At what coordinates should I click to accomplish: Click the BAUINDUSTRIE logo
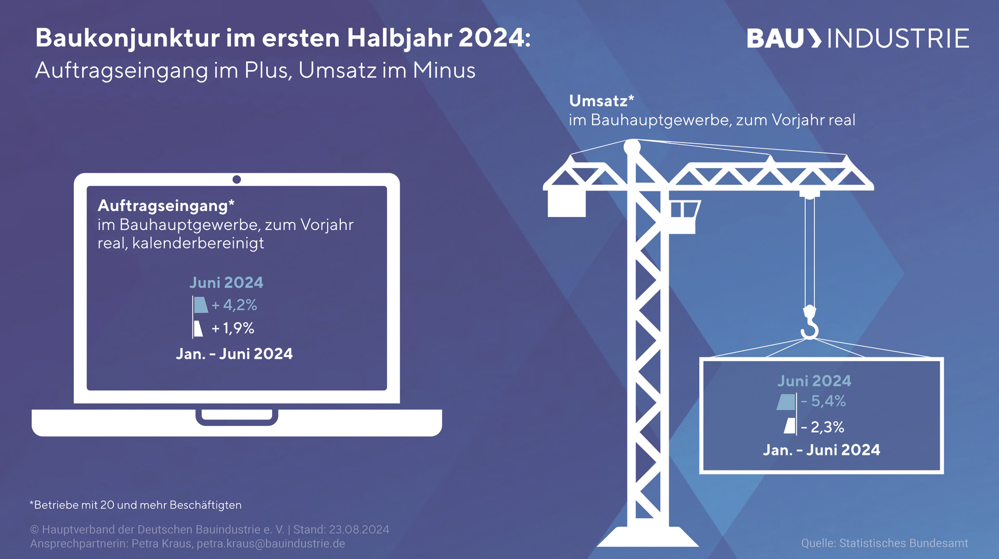point(857,39)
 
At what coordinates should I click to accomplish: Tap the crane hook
point(810,323)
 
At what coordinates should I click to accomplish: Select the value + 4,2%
point(234,305)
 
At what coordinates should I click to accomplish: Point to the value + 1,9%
point(233,328)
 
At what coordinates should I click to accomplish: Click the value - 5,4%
point(823,401)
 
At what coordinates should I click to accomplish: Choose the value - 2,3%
point(823,427)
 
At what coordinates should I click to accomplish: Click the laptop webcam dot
point(237,180)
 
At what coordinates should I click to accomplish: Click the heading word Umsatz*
point(601,100)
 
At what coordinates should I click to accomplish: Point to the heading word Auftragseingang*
point(166,206)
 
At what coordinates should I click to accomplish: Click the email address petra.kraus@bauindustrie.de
point(271,544)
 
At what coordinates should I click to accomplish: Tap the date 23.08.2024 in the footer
point(359,530)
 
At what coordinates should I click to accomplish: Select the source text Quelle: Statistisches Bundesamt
point(885,543)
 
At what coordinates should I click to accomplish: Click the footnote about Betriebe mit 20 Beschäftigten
point(136,505)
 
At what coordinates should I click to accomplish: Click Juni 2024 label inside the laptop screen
point(226,283)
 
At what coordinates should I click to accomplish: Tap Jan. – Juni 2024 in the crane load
point(822,450)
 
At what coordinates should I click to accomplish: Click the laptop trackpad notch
point(237,416)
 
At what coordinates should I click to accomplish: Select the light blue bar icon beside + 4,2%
point(200,304)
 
